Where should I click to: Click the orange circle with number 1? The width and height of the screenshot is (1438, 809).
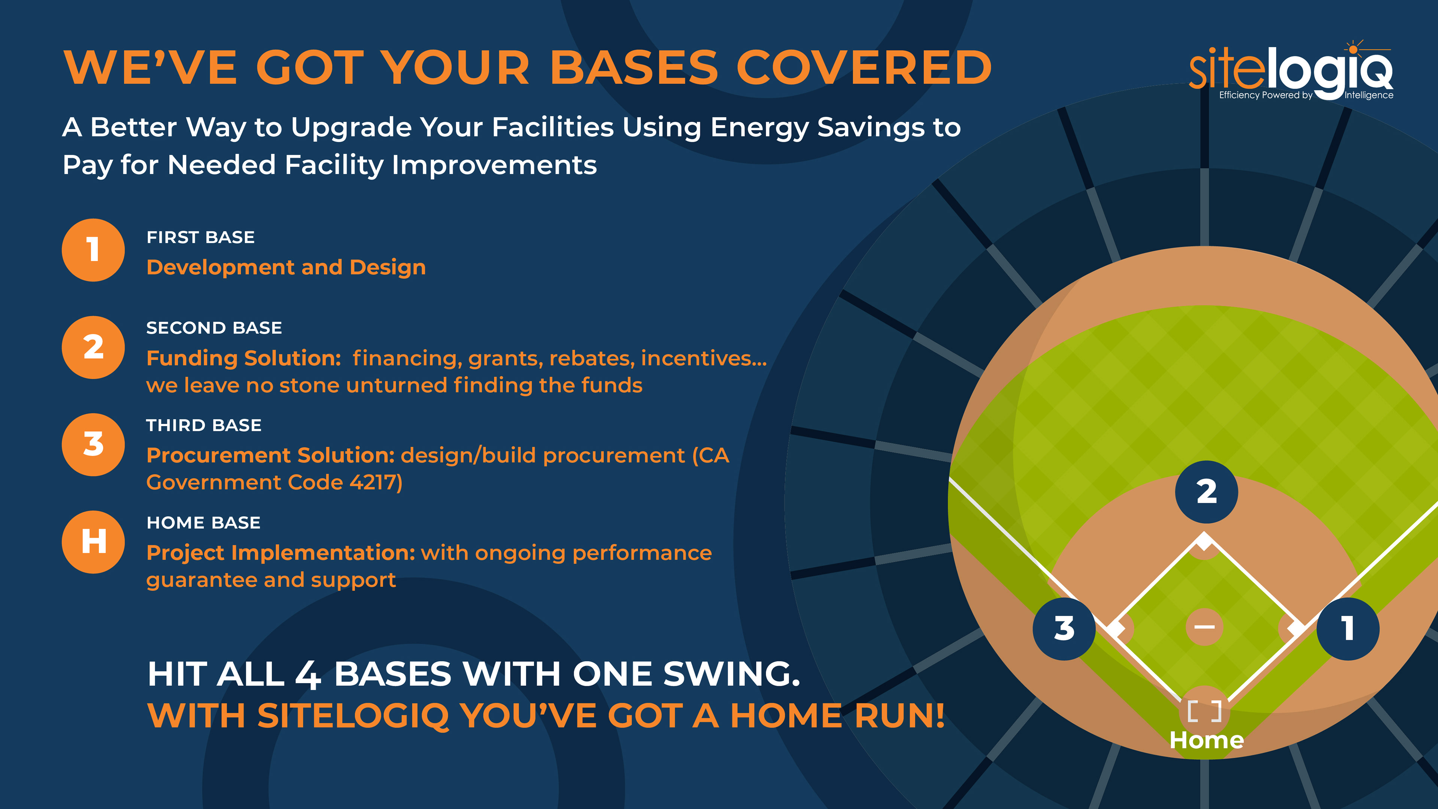point(93,250)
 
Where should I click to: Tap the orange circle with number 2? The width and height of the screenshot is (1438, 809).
point(93,347)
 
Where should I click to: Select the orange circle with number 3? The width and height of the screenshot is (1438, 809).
point(93,445)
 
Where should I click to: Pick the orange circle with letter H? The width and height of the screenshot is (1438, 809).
point(93,542)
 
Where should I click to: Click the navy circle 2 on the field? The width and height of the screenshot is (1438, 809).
point(1206,492)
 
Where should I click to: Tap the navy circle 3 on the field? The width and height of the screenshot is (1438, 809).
point(1064,629)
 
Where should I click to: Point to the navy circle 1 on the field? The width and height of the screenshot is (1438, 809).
point(1348,629)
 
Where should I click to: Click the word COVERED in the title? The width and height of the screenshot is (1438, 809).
point(864,67)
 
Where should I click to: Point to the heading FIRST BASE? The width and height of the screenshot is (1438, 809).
point(200,237)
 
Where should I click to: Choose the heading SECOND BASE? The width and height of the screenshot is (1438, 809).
point(214,328)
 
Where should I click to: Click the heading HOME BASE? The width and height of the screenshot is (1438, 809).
point(203,523)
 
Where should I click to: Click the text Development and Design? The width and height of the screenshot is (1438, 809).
point(286,268)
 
